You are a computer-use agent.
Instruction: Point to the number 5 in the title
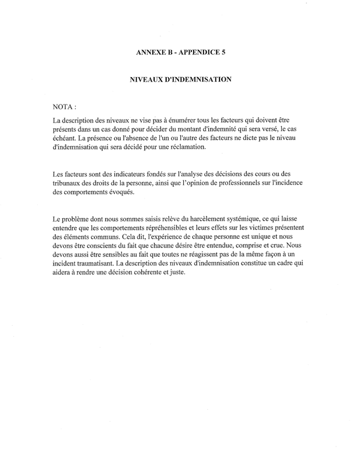click(x=223, y=53)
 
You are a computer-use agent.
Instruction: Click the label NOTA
click(x=64, y=107)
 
